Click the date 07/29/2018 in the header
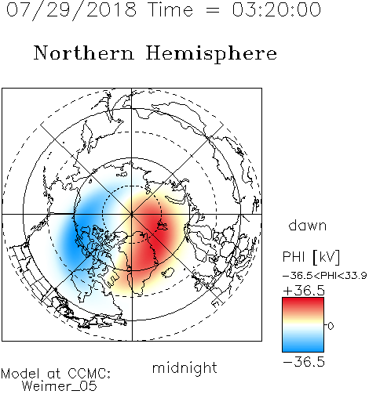tap(71, 10)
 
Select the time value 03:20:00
tap(276, 9)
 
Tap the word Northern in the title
tap(84, 53)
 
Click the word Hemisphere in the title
tap(211, 54)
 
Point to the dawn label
tap(308, 226)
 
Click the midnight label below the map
tap(184, 368)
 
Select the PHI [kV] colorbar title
tap(311, 257)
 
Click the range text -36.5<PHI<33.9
tap(324, 276)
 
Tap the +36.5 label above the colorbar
tap(304, 291)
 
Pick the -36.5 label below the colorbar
tap(304, 362)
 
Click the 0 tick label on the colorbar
tap(331, 326)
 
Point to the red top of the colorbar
tap(303, 303)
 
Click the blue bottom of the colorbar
tap(303, 346)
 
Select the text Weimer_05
tap(60, 386)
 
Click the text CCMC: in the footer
tap(90, 374)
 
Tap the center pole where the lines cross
tap(132, 214)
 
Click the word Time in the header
tap(170, 9)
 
